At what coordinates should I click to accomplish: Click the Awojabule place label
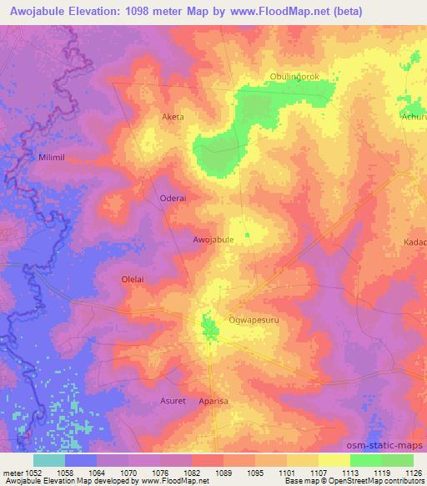pos(213,239)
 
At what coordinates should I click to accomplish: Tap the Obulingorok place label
pos(295,77)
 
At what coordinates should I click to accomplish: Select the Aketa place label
pos(173,117)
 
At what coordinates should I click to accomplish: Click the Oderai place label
pos(172,198)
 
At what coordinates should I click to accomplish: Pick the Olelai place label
pos(134,280)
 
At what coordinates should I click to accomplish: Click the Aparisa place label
pos(213,401)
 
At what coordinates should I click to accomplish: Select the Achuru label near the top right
pos(413,118)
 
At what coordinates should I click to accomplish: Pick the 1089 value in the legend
pos(223,472)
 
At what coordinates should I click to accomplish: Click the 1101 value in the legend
pos(286,472)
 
